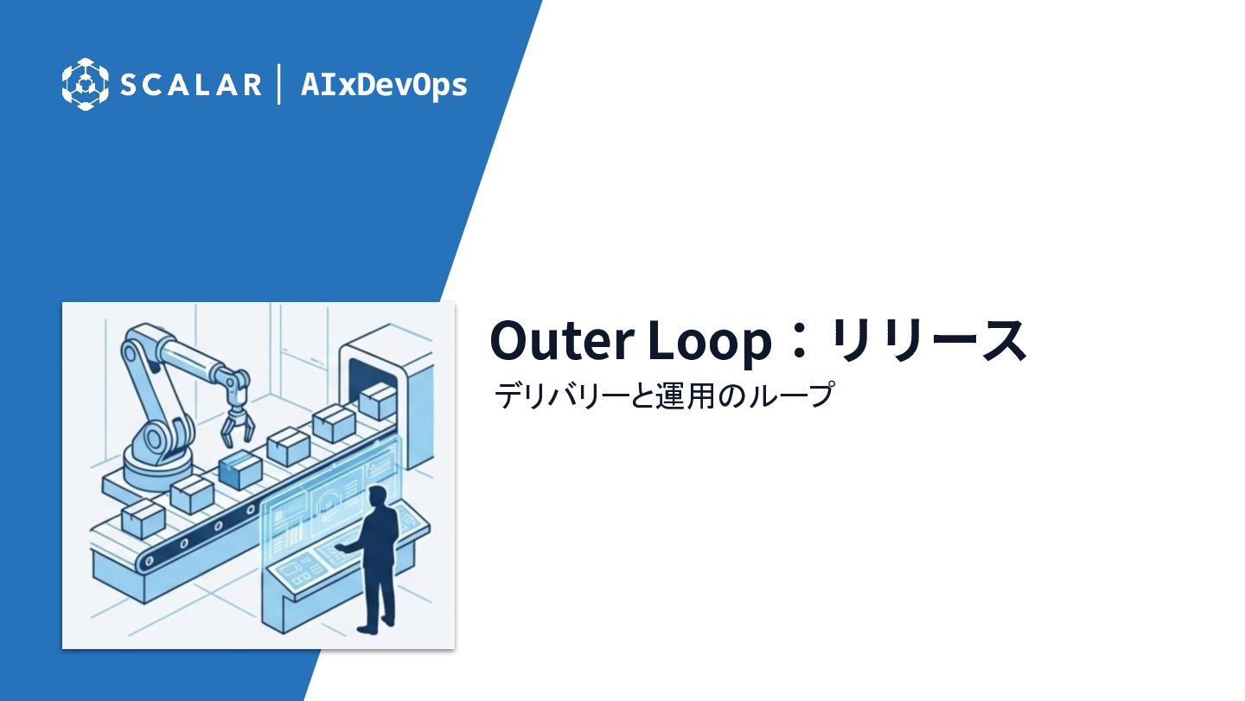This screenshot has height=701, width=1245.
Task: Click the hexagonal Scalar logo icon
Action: coord(85,85)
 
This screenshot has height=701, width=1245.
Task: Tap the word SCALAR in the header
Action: coord(190,85)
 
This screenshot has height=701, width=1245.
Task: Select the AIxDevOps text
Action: coord(384,85)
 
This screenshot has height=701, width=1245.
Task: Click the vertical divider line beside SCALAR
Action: coord(278,84)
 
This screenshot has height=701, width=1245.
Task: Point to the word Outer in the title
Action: coord(562,340)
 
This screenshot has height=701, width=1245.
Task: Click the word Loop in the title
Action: coord(710,342)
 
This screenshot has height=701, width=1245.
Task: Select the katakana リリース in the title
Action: coord(928,340)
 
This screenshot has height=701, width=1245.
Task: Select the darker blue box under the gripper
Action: coord(240,471)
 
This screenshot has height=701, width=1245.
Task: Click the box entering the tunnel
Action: coord(377,402)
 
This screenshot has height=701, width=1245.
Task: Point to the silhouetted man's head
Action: coord(377,496)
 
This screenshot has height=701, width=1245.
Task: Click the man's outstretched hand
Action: coord(340,548)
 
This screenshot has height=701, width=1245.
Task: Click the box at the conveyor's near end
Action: coord(143,518)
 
